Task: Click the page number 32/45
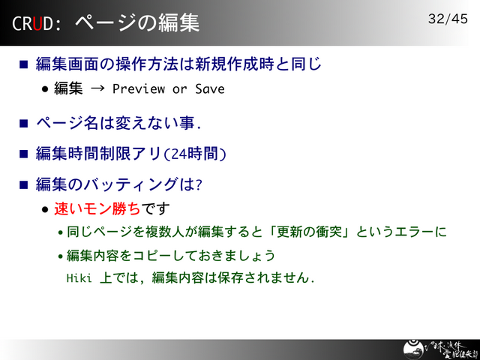[448, 19]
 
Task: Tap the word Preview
[139, 89]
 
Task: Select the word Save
[210, 89]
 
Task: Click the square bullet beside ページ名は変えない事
[23, 123]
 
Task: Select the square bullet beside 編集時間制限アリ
[23, 154]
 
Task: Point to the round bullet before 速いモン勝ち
[45, 208]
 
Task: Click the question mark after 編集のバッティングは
[199, 184]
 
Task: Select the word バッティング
[131, 184]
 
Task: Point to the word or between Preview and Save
[179, 89]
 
